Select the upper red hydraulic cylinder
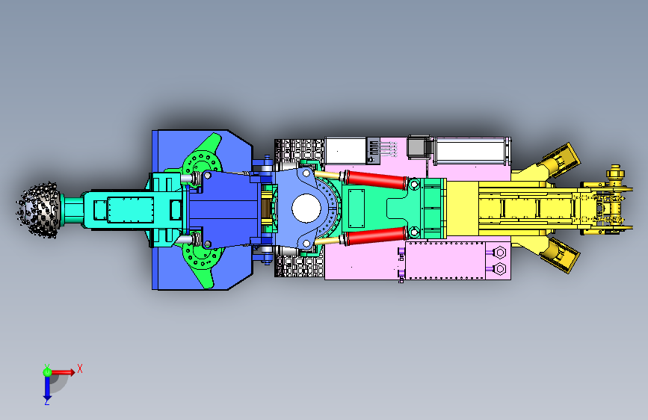coord(377,179)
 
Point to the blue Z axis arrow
coord(47,387)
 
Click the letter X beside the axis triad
coord(80,368)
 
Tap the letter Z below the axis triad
coord(47,401)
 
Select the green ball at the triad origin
coord(47,372)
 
